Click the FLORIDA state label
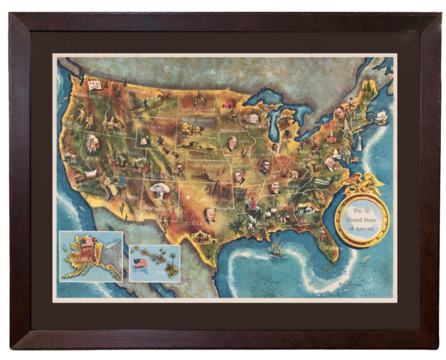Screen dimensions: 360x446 tap(333, 248)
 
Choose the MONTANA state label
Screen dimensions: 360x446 tap(138, 92)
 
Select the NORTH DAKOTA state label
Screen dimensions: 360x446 tap(198, 109)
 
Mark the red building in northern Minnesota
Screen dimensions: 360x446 tap(229, 104)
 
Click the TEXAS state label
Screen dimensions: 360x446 tap(193, 223)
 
